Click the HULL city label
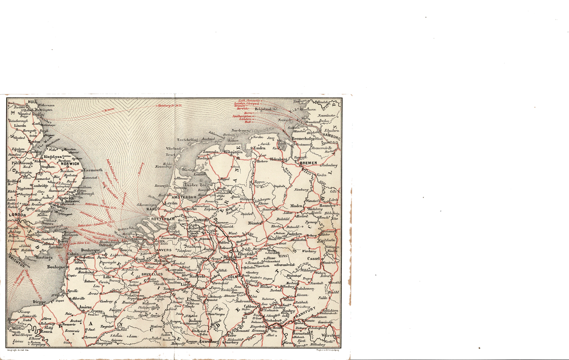tap(32, 102)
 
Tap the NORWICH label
tap(70, 164)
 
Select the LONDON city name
tap(17, 215)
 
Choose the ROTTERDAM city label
tap(163, 219)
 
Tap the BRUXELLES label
tap(152, 275)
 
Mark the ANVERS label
tap(164, 250)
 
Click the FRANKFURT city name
tap(306, 314)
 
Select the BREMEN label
tap(308, 163)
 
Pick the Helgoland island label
tap(263, 109)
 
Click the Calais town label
tap(73, 254)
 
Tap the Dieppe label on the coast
tap(39, 302)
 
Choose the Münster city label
tap(254, 223)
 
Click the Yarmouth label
tap(93, 170)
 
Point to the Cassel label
tap(313, 258)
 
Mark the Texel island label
tap(171, 154)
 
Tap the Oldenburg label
tap(278, 159)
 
